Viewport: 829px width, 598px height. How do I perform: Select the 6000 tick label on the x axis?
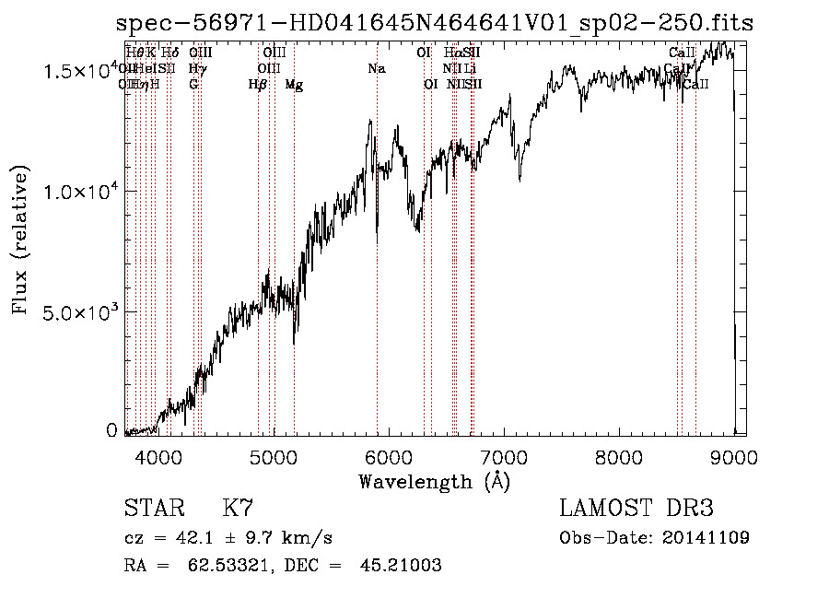point(389,456)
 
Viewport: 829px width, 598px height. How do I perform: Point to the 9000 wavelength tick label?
point(733,456)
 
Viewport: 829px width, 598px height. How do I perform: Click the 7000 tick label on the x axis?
point(504,456)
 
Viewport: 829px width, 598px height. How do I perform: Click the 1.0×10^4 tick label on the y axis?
point(79,192)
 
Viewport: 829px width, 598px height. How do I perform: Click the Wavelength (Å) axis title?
point(434,481)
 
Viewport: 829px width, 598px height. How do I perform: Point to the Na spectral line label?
point(376,69)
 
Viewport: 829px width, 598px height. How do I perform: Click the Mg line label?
point(294,85)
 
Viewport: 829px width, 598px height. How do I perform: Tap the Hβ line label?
point(258,85)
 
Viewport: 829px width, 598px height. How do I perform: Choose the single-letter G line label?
point(193,85)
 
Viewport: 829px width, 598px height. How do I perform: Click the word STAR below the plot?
point(151,508)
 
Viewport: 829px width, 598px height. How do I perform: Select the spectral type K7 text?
point(239,508)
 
